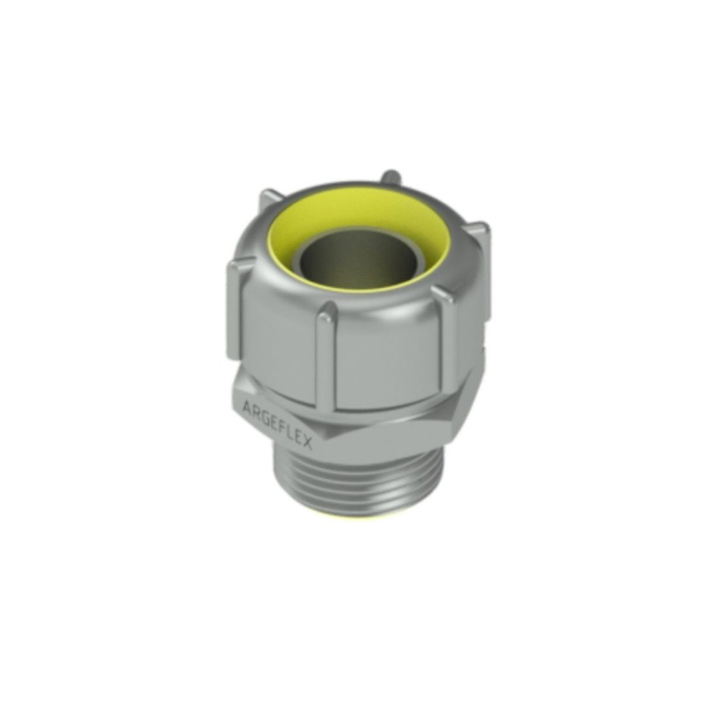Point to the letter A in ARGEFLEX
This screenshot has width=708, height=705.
247,406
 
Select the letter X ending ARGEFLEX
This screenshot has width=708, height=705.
307,443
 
